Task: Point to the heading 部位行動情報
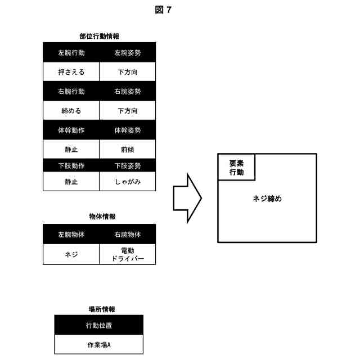[x=99, y=36]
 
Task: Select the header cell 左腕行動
[x=71, y=53]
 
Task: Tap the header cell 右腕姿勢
[x=128, y=91]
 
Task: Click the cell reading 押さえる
[x=71, y=72]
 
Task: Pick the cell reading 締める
[x=71, y=110]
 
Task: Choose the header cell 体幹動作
[x=71, y=130]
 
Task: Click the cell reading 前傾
[x=128, y=149]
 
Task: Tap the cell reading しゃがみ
[x=128, y=182]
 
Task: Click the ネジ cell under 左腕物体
[x=71, y=254]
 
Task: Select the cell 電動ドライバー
[x=128, y=254]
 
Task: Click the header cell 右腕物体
[x=128, y=234]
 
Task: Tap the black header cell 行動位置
[x=99, y=325]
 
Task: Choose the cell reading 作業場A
[x=99, y=344]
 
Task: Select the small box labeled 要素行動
[x=236, y=168]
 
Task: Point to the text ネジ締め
[x=267, y=199]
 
